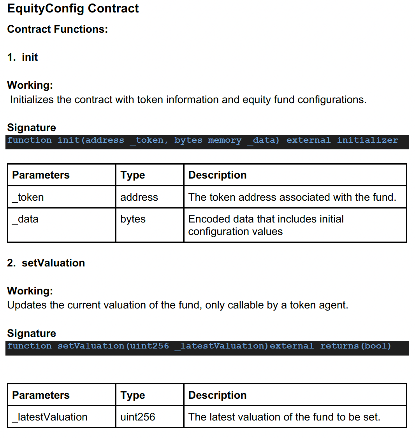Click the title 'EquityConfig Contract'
coord(73,9)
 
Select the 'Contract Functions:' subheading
coord(57,29)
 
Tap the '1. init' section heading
coord(23,57)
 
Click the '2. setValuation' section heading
coord(46,263)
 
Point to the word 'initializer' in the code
coord(367,140)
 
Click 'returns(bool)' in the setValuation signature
coord(355,346)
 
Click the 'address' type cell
coord(139,197)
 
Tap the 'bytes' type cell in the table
coord(133,219)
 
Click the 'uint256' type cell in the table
coord(137,417)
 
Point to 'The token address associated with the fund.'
coord(292,197)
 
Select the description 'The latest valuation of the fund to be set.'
coord(284,417)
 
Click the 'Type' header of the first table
coord(132,175)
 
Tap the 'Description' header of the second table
coord(217,395)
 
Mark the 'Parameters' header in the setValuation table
coord(41,395)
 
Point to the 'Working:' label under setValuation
coord(30,291)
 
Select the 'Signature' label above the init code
coord(32,128)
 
